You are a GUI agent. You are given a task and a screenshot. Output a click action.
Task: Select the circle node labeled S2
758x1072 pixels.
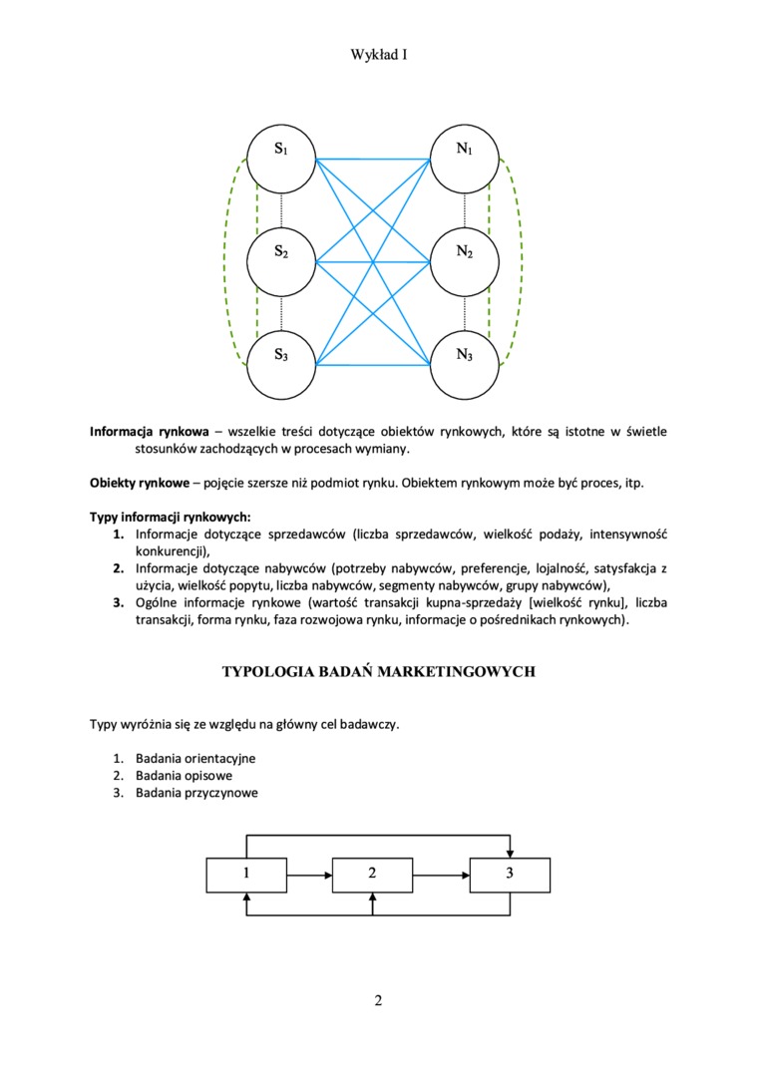[282, 261]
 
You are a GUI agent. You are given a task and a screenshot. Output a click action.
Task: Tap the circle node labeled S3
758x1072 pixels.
[282, 361]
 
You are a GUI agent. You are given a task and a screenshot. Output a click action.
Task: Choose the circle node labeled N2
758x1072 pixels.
[465, 261]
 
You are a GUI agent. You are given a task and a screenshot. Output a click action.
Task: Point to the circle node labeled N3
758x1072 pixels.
[465, 361]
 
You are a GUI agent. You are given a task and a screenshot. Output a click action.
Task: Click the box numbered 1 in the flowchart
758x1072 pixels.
[245, 875]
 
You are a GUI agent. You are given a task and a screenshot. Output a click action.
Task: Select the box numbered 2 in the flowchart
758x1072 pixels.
[372, 875]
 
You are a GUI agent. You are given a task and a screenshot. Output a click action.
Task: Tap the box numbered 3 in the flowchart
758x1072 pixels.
[510, 875]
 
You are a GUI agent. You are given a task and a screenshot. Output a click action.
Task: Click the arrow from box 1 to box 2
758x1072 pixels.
[308, 876]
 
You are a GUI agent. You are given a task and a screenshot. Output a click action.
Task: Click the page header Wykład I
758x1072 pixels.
[379, 56]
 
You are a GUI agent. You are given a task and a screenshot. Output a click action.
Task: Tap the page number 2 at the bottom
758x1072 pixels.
[379, 1000]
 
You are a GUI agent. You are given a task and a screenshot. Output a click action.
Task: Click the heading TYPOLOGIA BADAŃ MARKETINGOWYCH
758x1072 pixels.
[379, 672]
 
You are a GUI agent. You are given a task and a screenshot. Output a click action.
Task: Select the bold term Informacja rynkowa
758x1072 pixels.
[150, 432]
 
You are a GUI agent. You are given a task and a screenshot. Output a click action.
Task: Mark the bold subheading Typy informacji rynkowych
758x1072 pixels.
[171, 518]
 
